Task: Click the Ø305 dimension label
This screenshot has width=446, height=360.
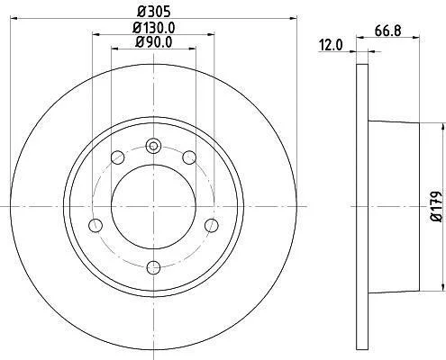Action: point(154,12)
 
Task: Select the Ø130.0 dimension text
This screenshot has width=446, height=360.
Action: point(154,28)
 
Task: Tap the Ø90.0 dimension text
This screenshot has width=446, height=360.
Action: point(153,42)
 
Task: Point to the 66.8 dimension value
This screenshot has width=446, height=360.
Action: point(387,31)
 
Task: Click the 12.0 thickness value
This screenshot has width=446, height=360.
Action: point(331,45)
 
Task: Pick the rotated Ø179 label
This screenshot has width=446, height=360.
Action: point(437,207)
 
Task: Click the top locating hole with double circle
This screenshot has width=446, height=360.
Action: point(153,146)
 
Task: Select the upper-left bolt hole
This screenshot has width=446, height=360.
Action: point(117,157)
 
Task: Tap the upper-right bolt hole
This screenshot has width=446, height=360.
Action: point(189,157)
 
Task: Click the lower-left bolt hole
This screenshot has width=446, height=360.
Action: point(96,225)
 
